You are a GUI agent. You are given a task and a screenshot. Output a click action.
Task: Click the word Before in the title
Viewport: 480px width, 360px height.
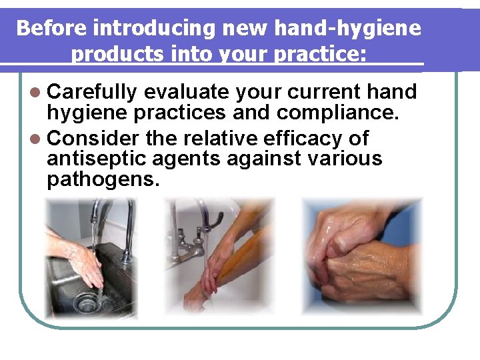[52, 28]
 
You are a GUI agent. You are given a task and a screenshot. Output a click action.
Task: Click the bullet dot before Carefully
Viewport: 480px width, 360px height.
[35, 92]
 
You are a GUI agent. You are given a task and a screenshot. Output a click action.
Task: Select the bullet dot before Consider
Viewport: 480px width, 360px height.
[35, 138]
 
